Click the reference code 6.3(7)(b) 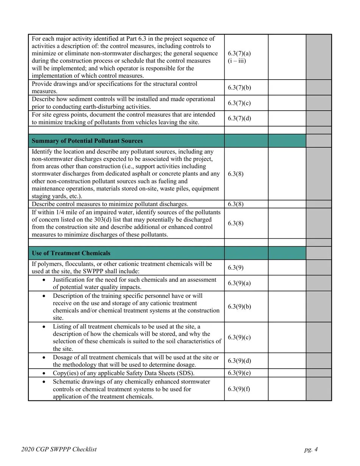[x=239, y=88]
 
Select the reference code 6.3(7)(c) [x=239, y=103]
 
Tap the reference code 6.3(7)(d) [x=239, y=119]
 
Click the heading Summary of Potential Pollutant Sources [x=87, y=141]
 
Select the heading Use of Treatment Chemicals [x=71, y=253]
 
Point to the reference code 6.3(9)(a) [x=239, y=283]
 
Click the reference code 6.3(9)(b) [x=239, y=306]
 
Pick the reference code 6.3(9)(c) [x=239, y=338]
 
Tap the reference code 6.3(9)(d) [x=239, y=361]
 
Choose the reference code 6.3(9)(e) [x=239, y=373]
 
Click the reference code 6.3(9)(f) [x=239, y=389]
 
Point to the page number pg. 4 [x=311, y=450]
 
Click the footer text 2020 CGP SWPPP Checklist [x=59, y=450]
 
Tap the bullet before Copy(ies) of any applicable [x=45, y=373]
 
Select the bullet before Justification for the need [x=45, y=280]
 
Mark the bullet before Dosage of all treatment [x=45, y=358]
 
